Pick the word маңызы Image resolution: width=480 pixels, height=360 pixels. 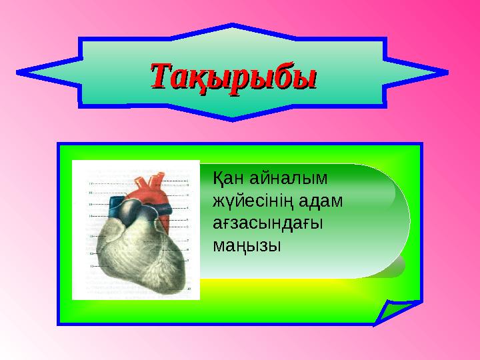click(x=246, y=245)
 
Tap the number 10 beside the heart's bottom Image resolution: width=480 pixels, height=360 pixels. click(x=189, y=289)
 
